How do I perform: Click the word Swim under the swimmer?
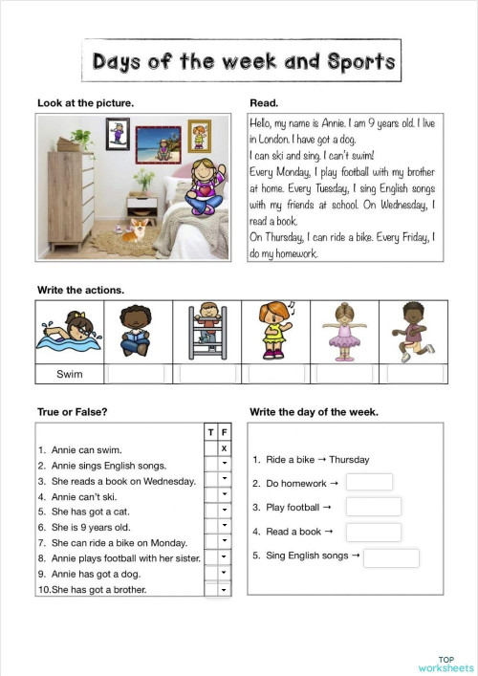point(70,374)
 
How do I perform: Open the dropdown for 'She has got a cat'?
point(224,511)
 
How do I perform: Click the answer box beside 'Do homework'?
point(369,483)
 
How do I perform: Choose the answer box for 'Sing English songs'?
point(391,556)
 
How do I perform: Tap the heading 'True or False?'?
point(72,412)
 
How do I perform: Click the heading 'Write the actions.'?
point(80,289)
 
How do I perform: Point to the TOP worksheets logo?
point(445,664)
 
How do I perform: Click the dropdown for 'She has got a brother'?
point(224,590)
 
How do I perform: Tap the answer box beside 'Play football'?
point(373,507)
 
